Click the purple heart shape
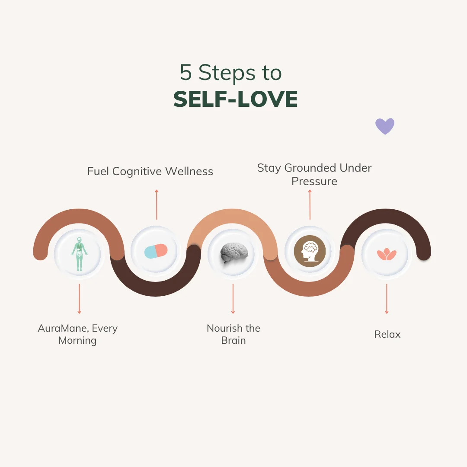(x=384, y=126)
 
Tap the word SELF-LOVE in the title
(x=236, y=99)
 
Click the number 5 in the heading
(x=186, y=73)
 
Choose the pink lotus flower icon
(x=387, y=254)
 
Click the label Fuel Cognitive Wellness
(x=150, y=171)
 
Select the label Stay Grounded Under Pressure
(x=314, y=174)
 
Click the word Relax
(x=387, y=334)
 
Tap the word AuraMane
(x=63, y=328)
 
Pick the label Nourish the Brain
(x=233, y=334)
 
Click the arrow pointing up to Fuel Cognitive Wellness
(x=157, y=204)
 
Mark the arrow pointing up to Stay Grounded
(x=310, y=204)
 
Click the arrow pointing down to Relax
(x=387, y=298)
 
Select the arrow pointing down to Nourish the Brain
(x=233, y=298)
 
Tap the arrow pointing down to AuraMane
(x=79, y=298)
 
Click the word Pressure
(x=314, y=181)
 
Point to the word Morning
(x=77, y=340)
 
